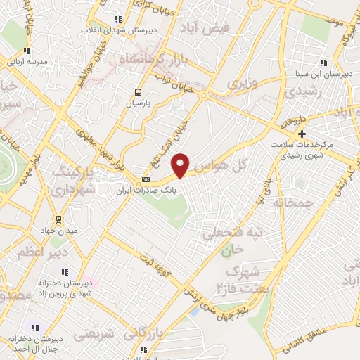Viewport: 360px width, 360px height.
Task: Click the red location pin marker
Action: point(181,165)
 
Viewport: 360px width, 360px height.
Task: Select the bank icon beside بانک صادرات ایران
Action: point(136,179)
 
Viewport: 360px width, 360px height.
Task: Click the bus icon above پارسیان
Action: point(138,92)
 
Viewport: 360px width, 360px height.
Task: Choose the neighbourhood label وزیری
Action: point(243,83)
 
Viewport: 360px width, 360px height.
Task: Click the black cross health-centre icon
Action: point(302,134)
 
